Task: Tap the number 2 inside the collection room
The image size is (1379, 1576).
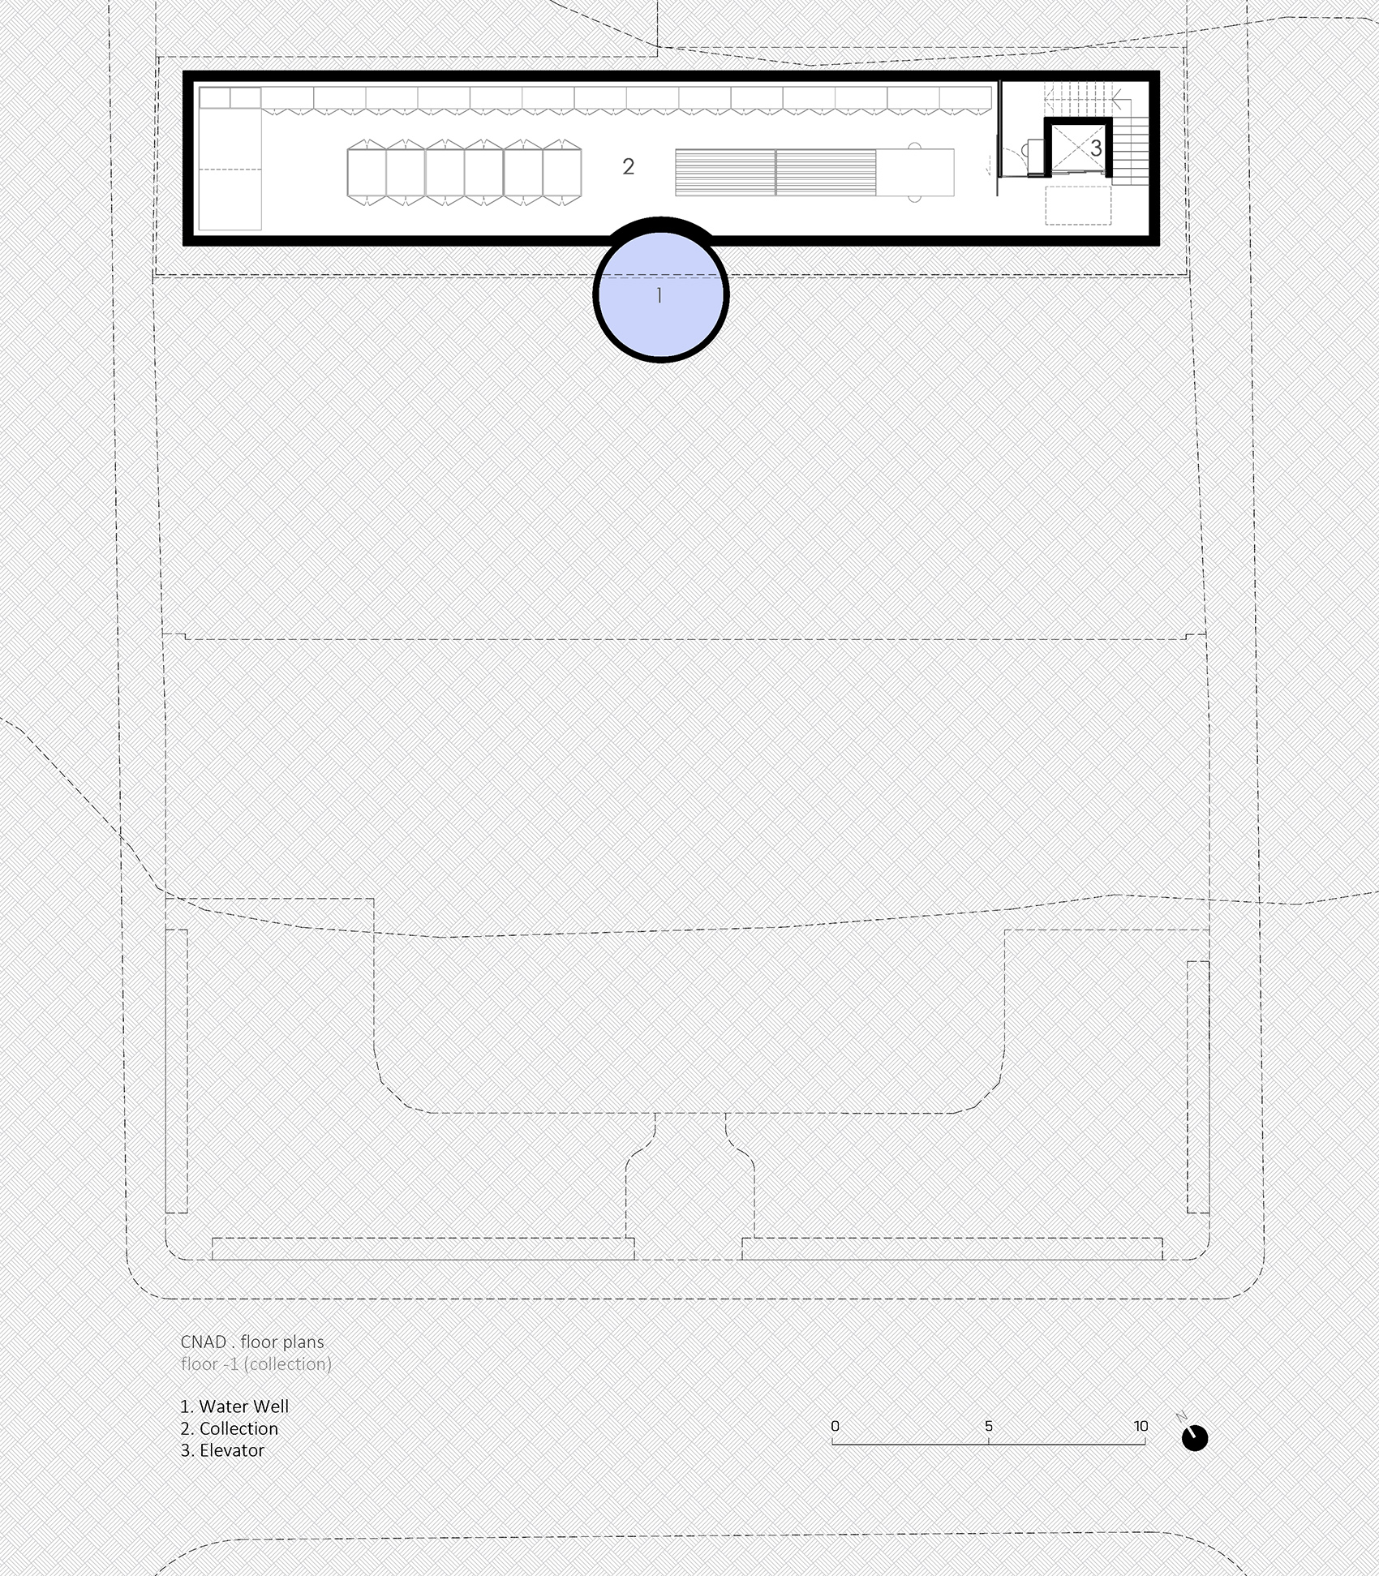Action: (628, 167)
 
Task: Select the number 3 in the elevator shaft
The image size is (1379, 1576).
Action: (1096, 148)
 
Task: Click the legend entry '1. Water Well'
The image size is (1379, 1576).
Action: (234, 1406)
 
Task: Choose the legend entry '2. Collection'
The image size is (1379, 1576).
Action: (230, 1428)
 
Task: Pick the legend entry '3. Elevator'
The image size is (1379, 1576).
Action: (222, 1449)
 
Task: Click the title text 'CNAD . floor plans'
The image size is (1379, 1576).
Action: (252, 1342)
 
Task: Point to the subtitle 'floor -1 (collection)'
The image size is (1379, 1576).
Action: (256, 1363)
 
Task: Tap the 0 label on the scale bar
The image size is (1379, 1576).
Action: (835, 1426)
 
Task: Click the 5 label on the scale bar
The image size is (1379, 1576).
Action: (988, 1426)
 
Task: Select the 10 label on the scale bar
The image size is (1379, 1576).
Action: (1141, 1426)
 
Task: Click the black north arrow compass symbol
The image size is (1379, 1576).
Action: (1194, 1438)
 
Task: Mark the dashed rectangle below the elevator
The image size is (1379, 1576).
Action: (1078, 205)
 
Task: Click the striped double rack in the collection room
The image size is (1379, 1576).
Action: (776, 172)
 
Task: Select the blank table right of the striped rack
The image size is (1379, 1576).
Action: (915, 172)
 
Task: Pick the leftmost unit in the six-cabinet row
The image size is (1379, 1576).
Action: (367, 171)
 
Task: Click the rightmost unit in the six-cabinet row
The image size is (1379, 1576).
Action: (562, 171)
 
